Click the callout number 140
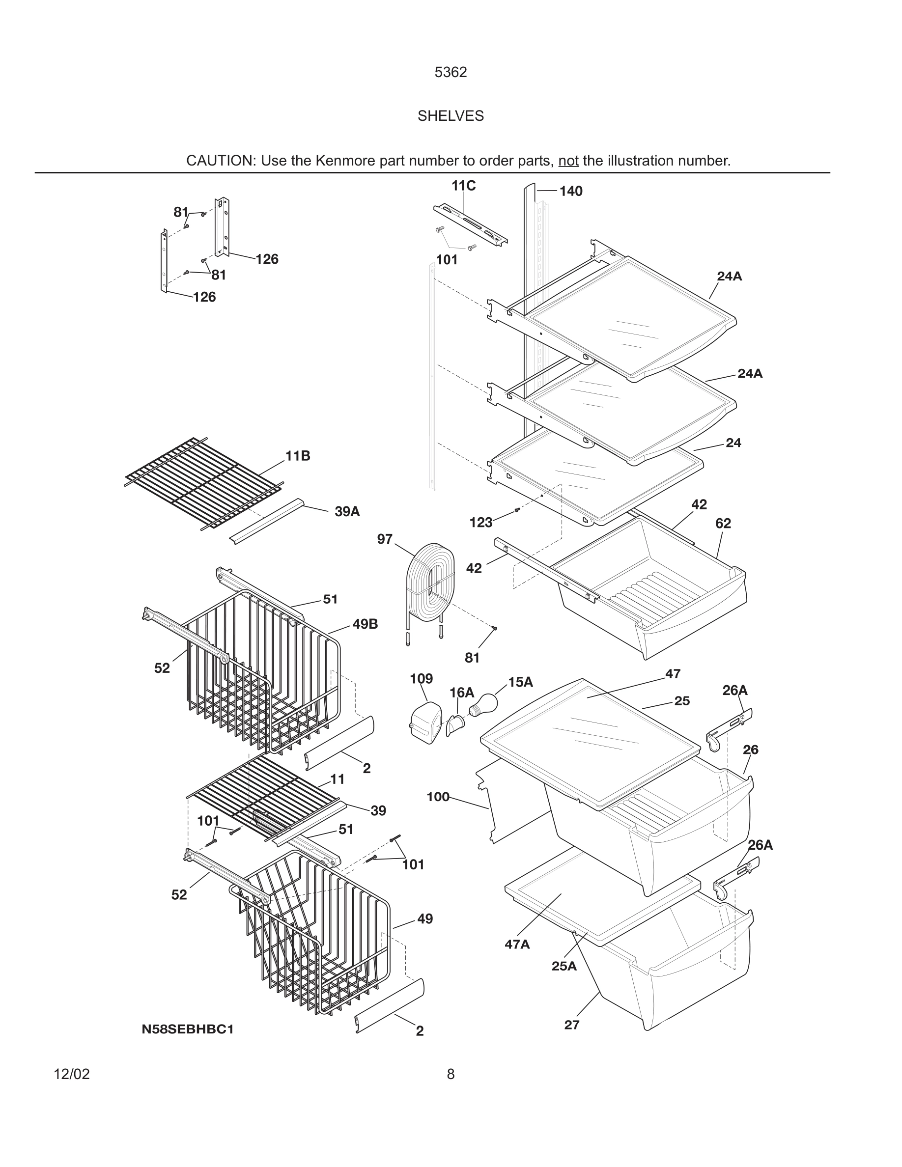tap(571, 191)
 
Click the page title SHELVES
tap(451, 116)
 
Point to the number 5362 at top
tap(451, 72)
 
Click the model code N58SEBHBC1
tap(188, 1029)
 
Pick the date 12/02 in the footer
tap(72, 1074)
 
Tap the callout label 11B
tap(298, 456)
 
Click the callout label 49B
tap(365, 624)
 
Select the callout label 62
tap(723, 524)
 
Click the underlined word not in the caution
tap(568, 161)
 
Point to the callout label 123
tap(480, 523)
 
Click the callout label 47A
tap(517, 945)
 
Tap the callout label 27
tap(572, 1025)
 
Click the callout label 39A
tap(347, 512)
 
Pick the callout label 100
tap(438, 797)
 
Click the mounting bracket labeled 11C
tap(470, 224)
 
